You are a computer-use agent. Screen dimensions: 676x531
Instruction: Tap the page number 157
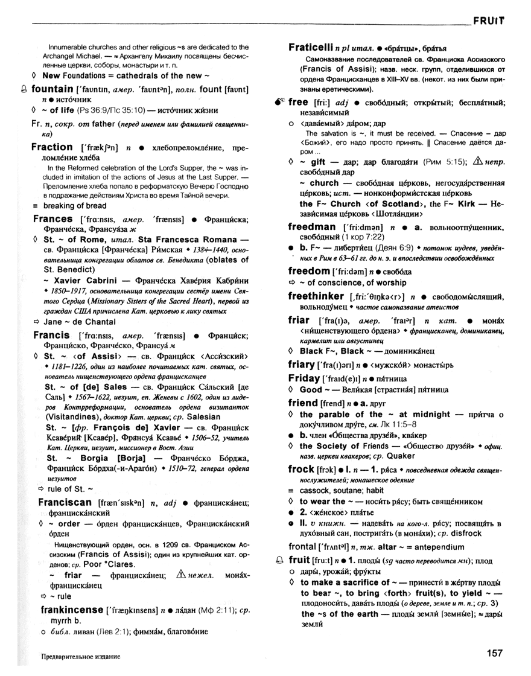pos(494,652)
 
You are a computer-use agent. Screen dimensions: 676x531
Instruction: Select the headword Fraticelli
pos(314,47)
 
